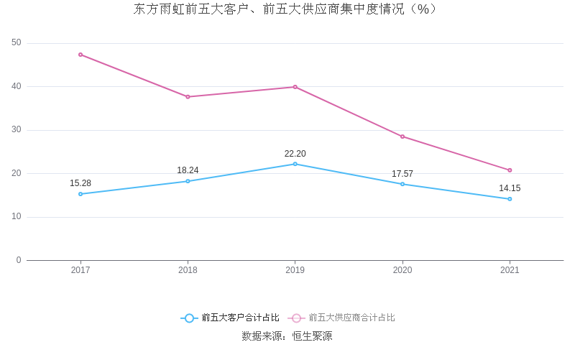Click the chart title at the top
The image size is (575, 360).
(285, 9)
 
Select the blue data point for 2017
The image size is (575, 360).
(80, 194)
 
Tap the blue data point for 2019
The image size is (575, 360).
(295, 164)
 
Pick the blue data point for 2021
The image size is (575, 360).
(510, 199)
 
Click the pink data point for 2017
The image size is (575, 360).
(80, 55)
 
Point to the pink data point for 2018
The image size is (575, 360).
(188, 97)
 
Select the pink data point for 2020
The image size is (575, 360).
(402, 137)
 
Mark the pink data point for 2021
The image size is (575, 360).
(510, 170)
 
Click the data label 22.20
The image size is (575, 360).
(295, 154)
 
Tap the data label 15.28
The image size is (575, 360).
(80, 183)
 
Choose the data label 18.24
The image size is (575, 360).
(188, 170)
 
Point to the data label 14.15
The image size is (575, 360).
(510, 188)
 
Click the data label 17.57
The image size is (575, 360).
(402, 174)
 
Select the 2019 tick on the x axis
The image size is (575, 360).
(295, 270)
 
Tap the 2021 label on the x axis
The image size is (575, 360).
(510, 270)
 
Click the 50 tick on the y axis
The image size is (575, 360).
(17, 43)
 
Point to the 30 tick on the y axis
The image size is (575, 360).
(17, 130)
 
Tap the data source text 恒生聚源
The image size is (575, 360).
(312, 336)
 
